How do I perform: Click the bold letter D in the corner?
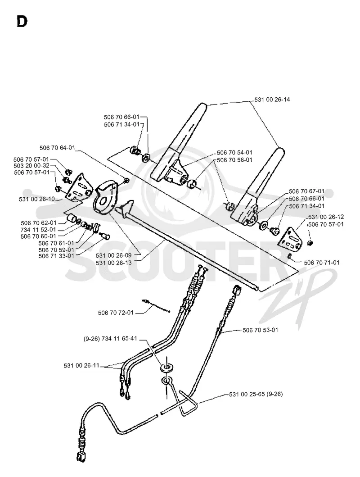click(x=22, y=22)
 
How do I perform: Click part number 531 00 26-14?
click(x=272, y=100)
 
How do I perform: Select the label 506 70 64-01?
click(x=57, y=148)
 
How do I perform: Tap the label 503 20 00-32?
click(x=31, y=166)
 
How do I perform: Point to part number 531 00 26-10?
click(x=37, y=199)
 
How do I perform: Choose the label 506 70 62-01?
click(x=39, y=223)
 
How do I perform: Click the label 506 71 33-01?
click(x=56, y=256)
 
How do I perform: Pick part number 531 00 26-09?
click(x=113, y=255)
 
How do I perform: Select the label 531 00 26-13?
click(x=113, y=263)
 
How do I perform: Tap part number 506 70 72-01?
click(x=116, y=313)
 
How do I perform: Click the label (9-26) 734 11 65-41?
click(x=110, y=339)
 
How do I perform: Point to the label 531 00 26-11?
click(x=81, y=365)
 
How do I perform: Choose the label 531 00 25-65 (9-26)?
click(x=256, y=394)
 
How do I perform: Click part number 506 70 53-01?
click(x=260, y=330)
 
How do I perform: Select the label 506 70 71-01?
click(x=322, y=263)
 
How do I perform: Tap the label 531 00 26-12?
click(x=326, y=217)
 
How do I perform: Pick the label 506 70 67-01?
click(x=306, y=191)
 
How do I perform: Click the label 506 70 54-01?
click(x=234, y=152)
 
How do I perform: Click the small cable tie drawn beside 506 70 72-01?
click(x=156, y=306)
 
